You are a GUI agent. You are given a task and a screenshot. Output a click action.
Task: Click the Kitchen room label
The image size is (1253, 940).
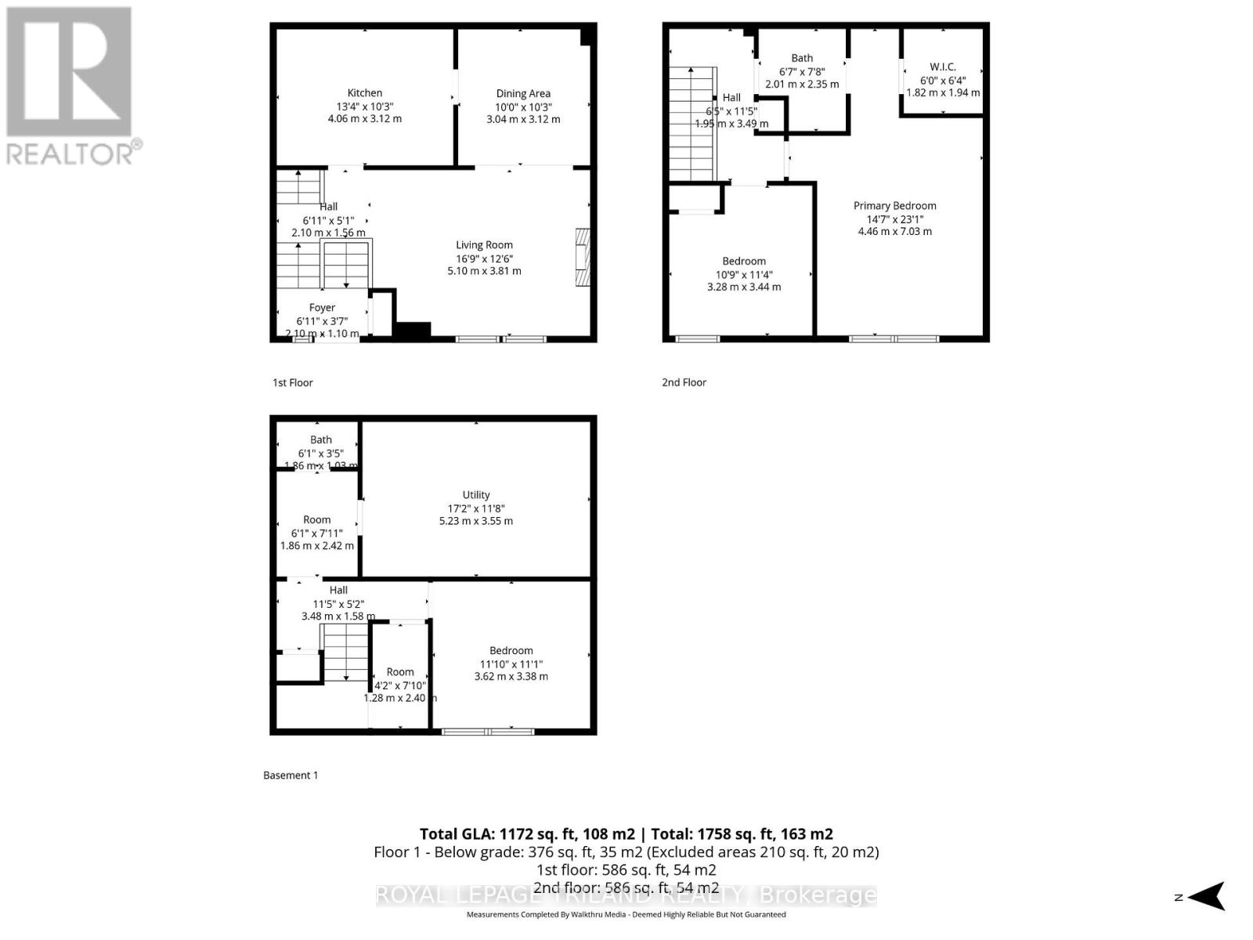click(x=365, y=92)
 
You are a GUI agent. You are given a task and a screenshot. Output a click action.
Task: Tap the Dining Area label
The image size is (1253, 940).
click(x=523, y=93)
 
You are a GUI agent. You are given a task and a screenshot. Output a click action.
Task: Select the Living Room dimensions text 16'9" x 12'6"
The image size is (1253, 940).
click(x=484, y=258)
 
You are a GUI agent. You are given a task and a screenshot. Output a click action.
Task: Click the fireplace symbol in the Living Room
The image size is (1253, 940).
click(x=582, y=258)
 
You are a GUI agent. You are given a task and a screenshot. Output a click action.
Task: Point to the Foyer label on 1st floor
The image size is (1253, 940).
click(x=322, y=308)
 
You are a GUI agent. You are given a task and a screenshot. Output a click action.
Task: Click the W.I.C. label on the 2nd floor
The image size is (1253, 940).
click(x=943, y=67)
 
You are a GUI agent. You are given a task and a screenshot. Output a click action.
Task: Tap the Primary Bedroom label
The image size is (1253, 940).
click(x=894, y=205)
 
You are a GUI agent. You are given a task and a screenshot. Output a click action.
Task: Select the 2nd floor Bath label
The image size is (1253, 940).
click(x=802, y=58)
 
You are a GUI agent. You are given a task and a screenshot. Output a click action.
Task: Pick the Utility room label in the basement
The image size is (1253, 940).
click(x=476, y=494)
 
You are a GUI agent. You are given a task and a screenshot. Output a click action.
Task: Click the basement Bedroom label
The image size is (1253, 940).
click(x=511, y=650)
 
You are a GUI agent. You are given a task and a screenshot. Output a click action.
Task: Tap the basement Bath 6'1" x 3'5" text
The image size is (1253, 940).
click(x=321, y=453)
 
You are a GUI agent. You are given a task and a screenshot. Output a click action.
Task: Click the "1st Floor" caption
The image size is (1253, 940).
click(x=293, y=382)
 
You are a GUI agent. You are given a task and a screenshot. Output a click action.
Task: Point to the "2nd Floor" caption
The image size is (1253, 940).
click(x=684, y=382)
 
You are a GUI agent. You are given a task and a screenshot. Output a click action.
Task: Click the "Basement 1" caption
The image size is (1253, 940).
click(x=291, y=775)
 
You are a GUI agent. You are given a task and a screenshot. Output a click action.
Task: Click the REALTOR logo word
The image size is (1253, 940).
click(x=74, y=153)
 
